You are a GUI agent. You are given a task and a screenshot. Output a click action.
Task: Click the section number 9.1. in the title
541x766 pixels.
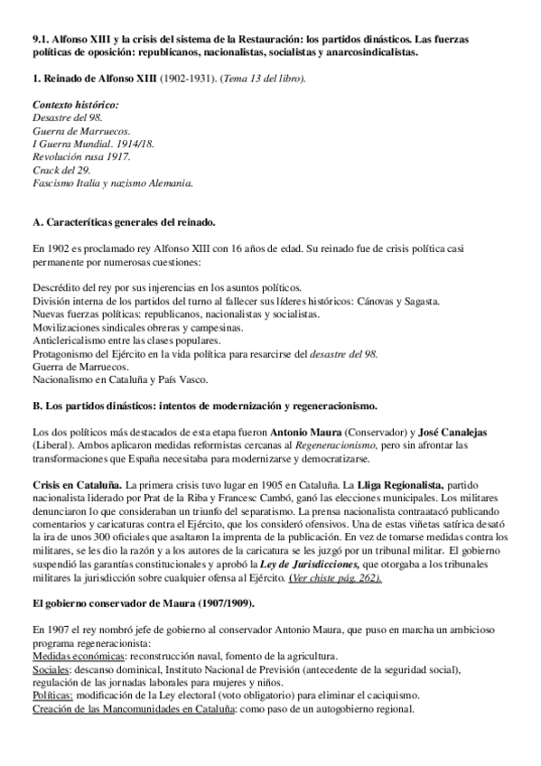pos(40,41)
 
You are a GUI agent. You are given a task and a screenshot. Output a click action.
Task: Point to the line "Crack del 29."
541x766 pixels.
pos(59,170)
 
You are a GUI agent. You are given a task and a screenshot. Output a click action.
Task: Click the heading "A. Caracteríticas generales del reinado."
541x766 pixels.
pos(124,221)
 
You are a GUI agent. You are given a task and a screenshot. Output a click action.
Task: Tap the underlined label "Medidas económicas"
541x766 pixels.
pos(76,656)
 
